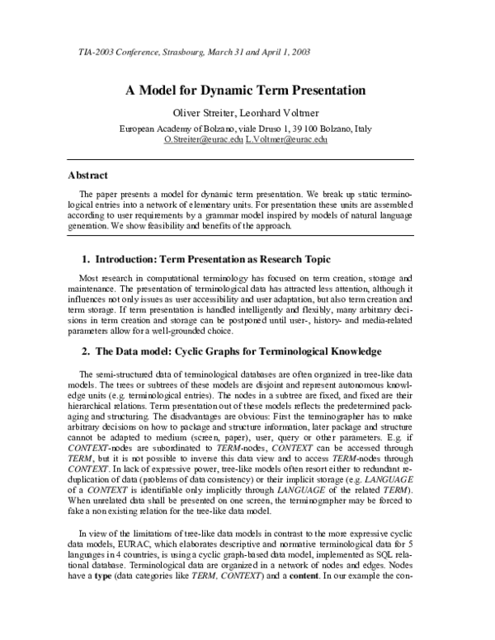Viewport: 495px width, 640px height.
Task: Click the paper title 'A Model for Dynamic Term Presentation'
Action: [x=247, y=90]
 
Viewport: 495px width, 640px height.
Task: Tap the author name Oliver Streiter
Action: [x=201, y=113]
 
